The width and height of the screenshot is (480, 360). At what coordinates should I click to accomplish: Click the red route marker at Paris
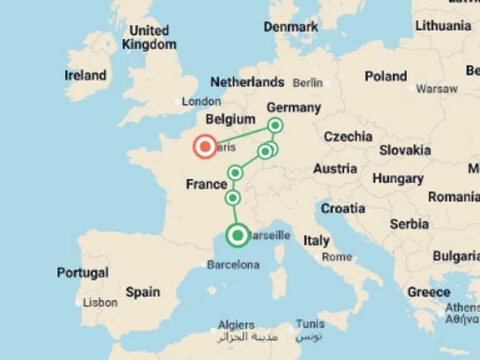click(x=204, y=147)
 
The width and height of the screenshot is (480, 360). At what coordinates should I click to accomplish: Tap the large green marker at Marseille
click(x=237, y=236)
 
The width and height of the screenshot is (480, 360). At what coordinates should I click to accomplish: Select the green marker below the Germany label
click(x=275, y=126)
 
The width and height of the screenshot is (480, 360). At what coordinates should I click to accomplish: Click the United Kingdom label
click(x=149, y=37)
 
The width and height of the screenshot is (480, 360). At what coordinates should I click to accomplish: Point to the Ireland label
click(x=85, y=76)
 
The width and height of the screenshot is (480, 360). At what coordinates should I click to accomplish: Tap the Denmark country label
click(x=291, y=27)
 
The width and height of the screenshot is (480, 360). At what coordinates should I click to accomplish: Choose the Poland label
click(x=386, y=76)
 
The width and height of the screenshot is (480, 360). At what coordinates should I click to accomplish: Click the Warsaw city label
click(x=436, y=89)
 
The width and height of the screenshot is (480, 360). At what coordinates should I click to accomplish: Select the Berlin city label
click(x=307, y=82)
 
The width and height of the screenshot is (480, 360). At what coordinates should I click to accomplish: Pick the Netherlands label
click(x=247, y=82)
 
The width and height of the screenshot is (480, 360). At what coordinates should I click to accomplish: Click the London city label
click(x=201, y=101)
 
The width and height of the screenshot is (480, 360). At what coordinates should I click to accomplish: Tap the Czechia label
click(x=347, y=136)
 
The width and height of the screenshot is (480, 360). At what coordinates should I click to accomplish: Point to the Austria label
click(x=335, y=168)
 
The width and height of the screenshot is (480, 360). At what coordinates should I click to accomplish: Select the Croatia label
click(x=342, y=208)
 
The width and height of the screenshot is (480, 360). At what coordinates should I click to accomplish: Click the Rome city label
click(x=337, y=256)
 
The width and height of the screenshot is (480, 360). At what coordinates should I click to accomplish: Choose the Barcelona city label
click(x=233, y=264)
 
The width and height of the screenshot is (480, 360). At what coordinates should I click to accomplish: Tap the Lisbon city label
click(x=100, y=302)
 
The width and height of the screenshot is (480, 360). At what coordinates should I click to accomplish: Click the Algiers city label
click(x=236, y=325)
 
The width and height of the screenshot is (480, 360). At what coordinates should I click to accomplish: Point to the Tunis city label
click(x=310, y=324)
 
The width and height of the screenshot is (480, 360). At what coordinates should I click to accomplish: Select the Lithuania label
click(x=443, y=26)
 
